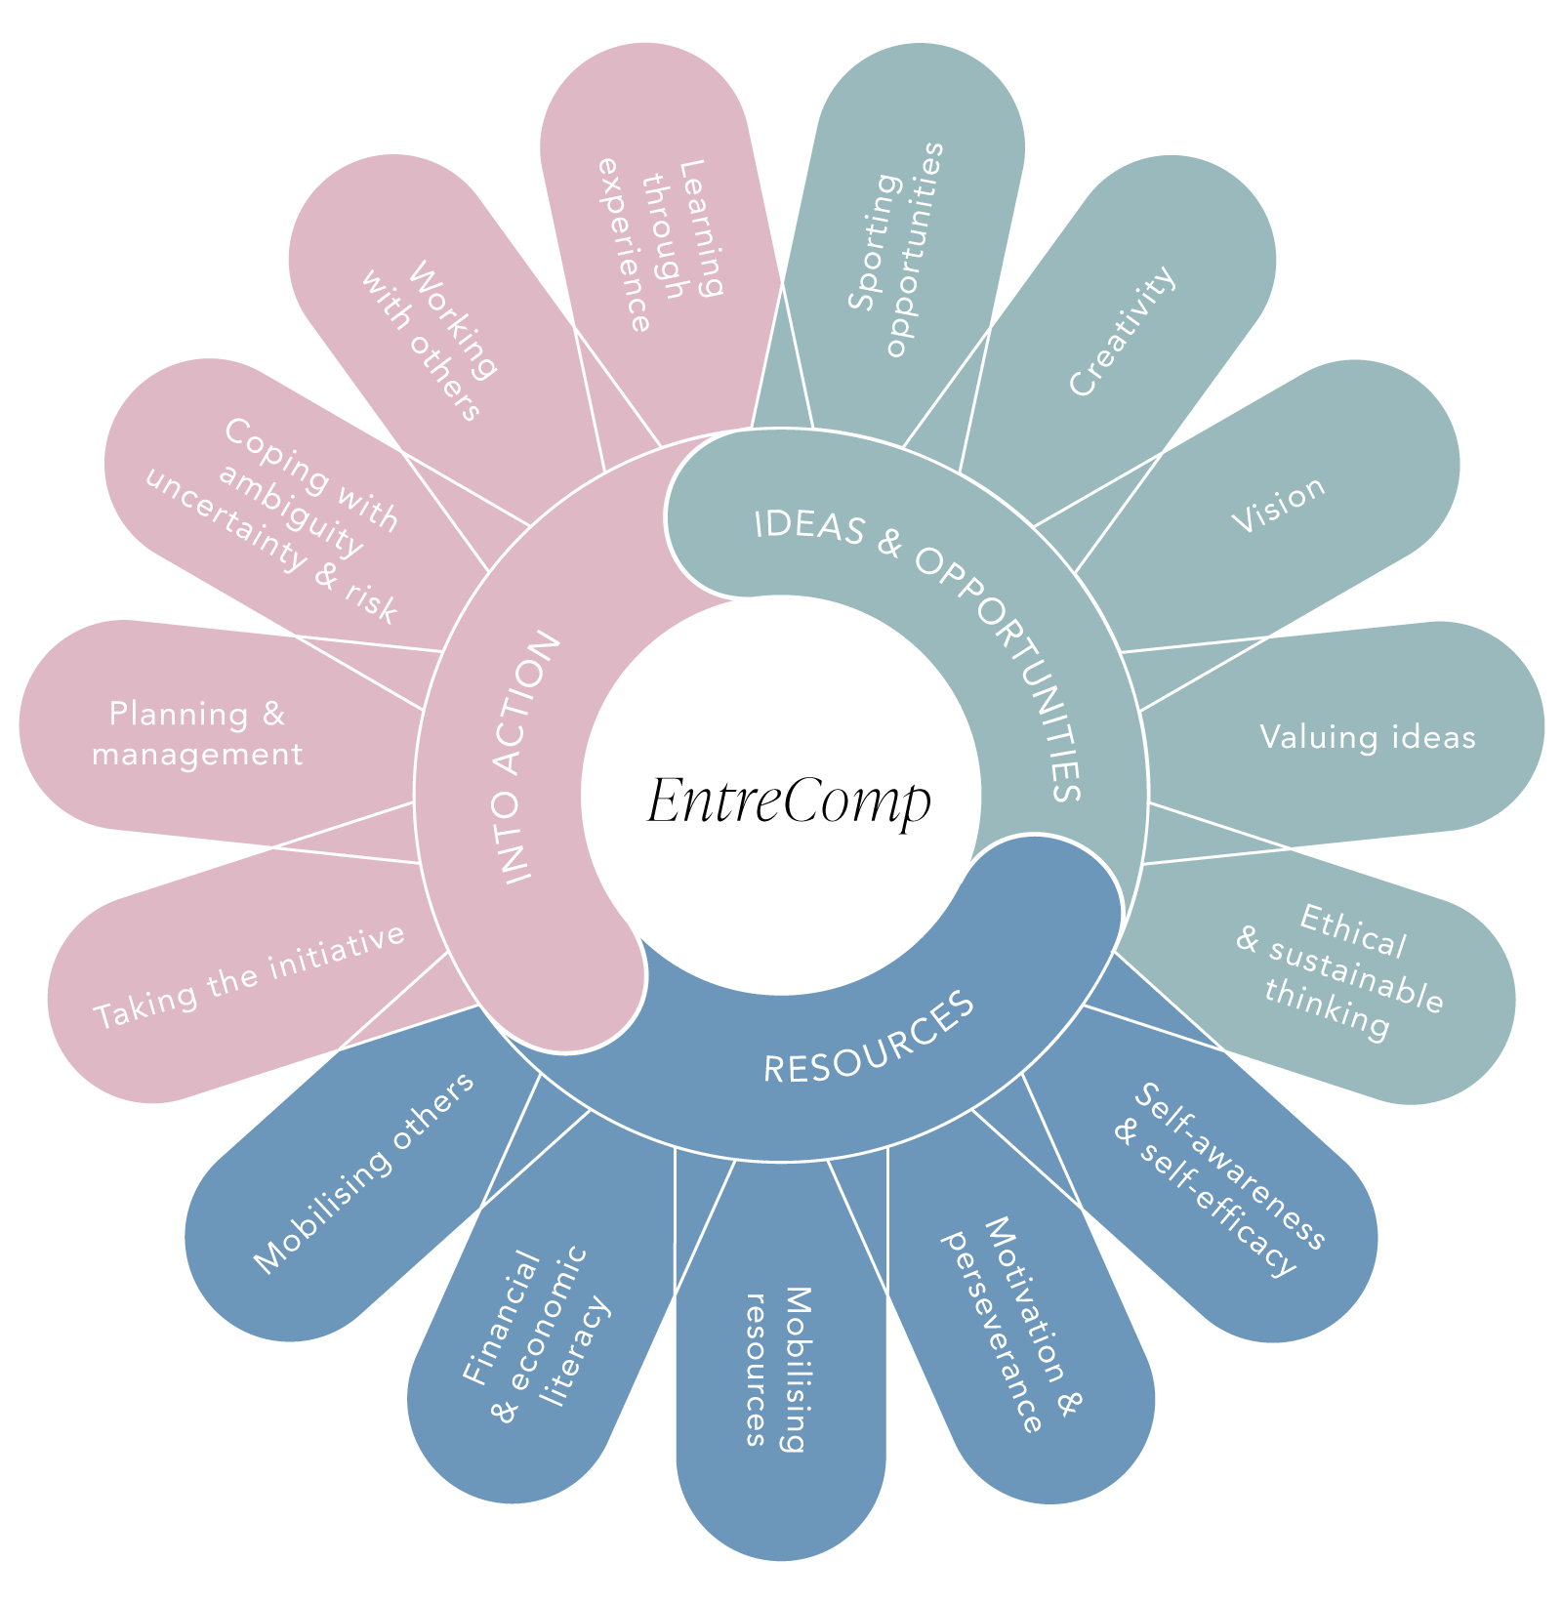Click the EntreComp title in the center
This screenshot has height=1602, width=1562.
(789, 801)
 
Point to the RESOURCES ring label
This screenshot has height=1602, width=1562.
(869, 1039)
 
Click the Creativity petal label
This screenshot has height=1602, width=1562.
(1123, 332)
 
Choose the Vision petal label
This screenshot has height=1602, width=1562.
(1279, 504)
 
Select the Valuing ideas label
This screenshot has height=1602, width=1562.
(1367, 737)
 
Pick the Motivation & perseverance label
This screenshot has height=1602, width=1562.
(1011, 1323)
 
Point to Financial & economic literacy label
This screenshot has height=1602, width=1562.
(537, 1333)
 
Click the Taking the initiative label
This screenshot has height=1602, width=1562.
(249, 976)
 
